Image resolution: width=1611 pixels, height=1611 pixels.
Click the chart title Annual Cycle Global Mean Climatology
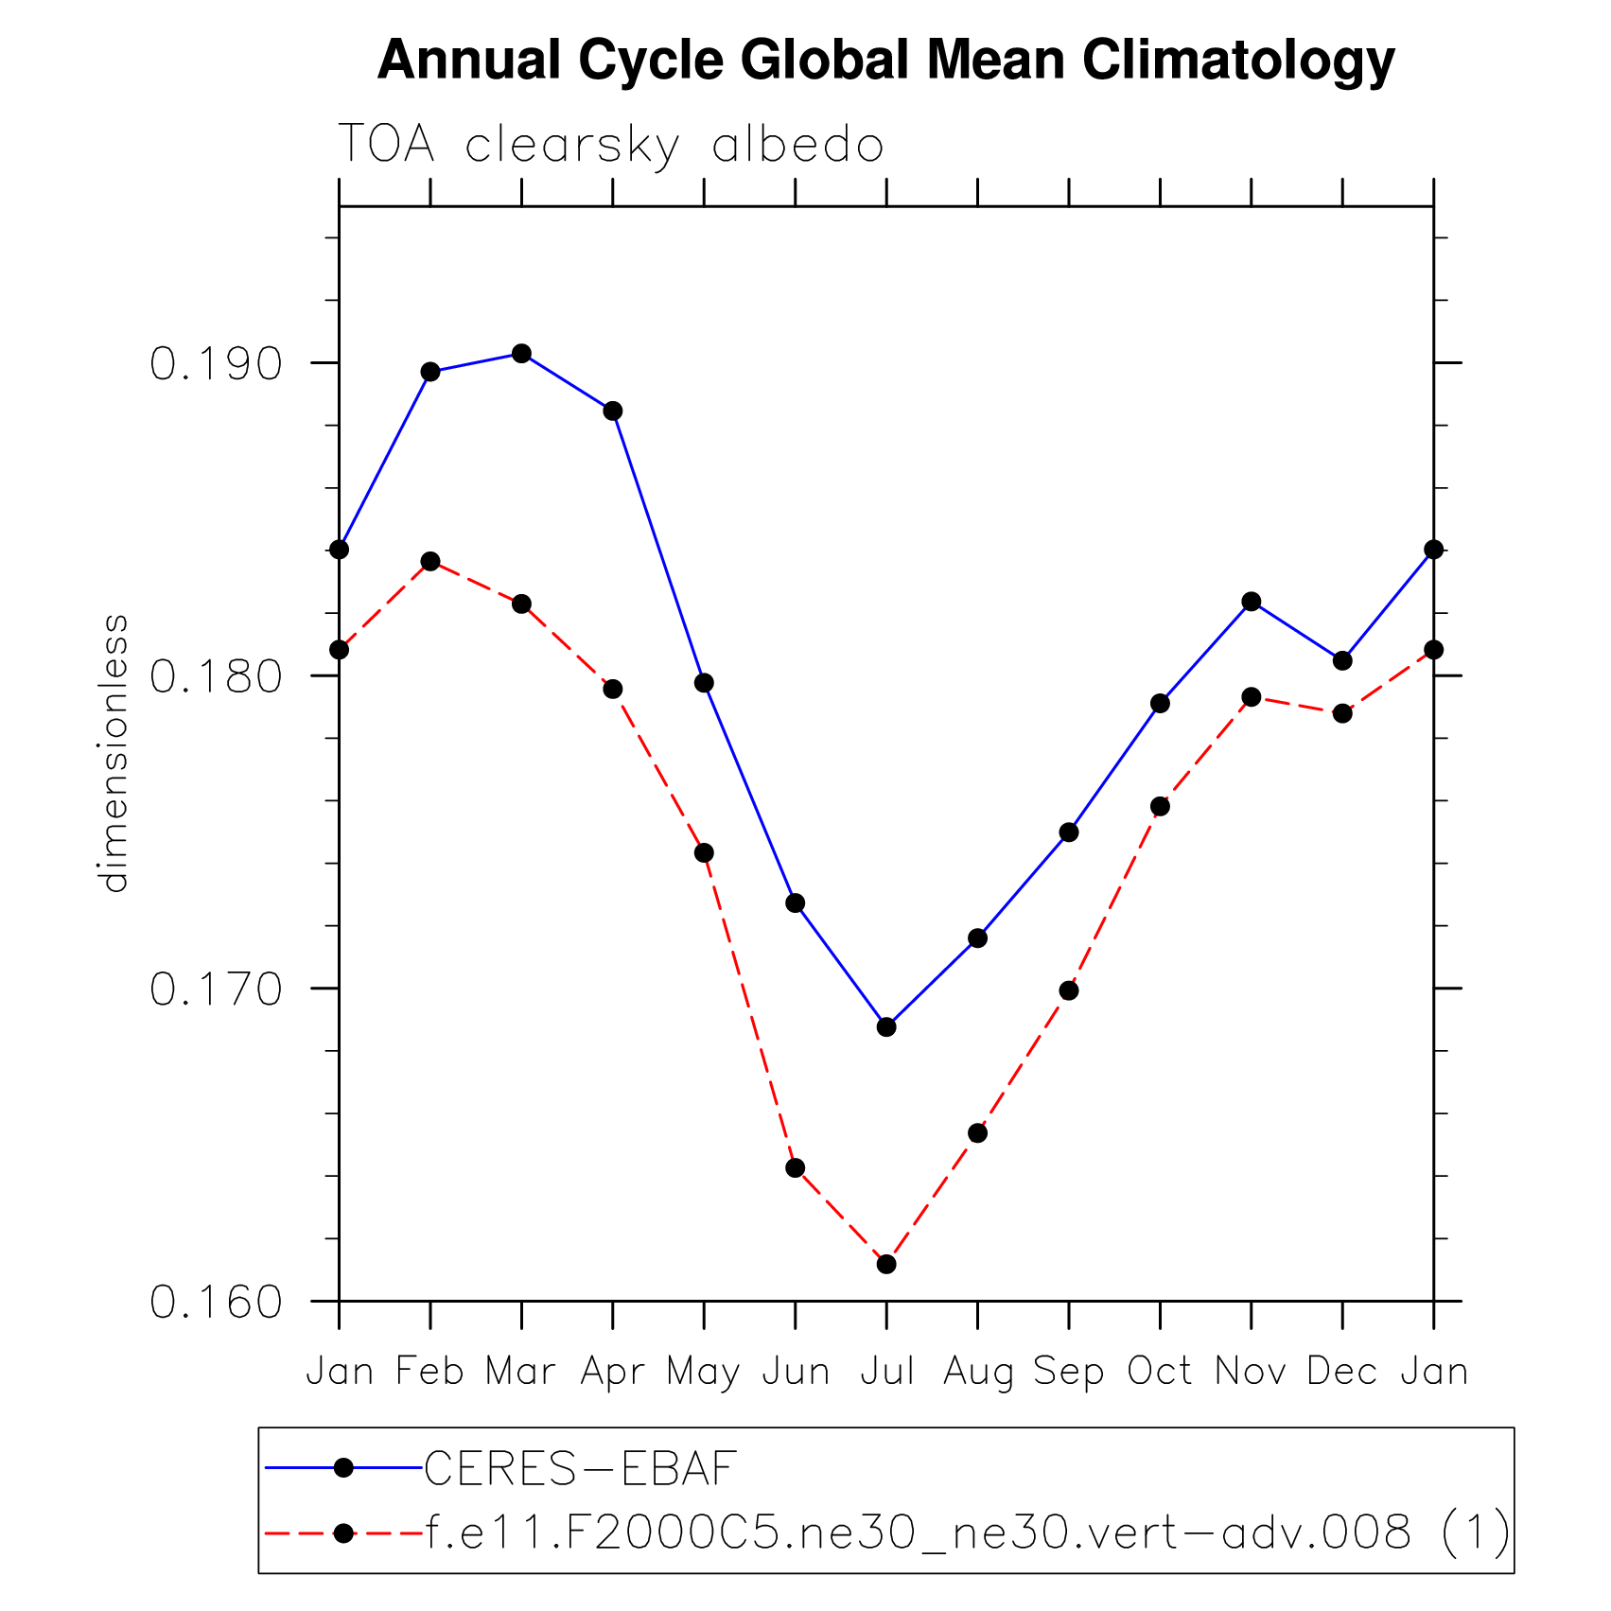coord(885,61)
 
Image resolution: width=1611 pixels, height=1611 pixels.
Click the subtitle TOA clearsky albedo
coord(610,146)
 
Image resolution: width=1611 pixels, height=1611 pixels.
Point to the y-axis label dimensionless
coord(114,753)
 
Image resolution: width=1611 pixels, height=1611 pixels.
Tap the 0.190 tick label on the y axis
coord(217,364)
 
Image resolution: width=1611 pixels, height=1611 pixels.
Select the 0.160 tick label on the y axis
coord(217,1303)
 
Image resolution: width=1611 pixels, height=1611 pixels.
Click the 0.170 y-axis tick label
coord(217,990)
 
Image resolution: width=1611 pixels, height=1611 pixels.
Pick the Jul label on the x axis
coord(886,1371)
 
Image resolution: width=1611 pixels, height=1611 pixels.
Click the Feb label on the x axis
coord(429,1371)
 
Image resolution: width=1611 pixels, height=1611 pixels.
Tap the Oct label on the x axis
coord(1160,1371)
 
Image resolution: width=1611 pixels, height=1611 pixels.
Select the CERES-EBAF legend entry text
coord(580,1468)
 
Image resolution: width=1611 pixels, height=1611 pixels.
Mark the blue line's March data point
coord(521,354)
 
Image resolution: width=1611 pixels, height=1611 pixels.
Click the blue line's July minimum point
coord(886,1026)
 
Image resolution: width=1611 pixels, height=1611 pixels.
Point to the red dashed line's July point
coord(886,1264)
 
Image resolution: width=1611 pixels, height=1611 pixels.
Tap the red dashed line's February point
coord(430,561)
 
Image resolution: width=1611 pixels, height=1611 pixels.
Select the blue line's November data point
coord(1252,602)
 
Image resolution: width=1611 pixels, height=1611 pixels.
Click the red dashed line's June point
coord(796,1168)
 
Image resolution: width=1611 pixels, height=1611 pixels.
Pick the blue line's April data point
coord(613,411)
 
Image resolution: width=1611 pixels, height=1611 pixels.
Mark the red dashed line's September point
coord(1069,990)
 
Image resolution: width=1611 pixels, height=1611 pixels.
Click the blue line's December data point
coord(1342,660)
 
